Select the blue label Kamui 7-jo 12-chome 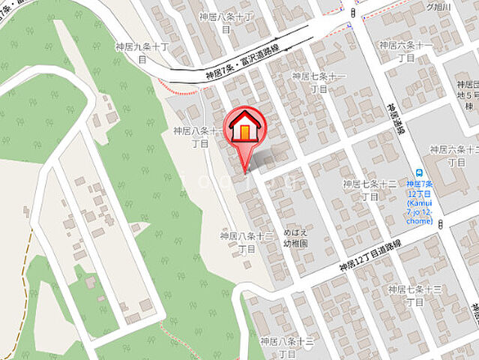419,202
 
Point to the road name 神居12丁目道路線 370,255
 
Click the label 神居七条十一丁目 319,82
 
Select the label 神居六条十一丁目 406,50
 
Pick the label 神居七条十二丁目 370,190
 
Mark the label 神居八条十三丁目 287,346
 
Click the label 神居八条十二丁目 246,241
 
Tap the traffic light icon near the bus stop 440,223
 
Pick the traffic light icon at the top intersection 353,13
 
